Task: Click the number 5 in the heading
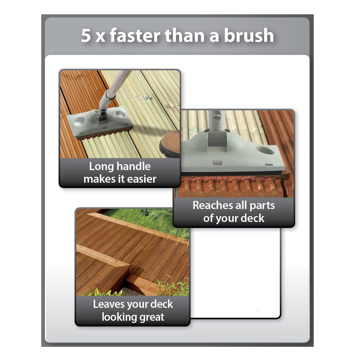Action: pos(86,35)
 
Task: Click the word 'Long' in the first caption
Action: pos(101,167)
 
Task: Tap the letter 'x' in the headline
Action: pos(100,37)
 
